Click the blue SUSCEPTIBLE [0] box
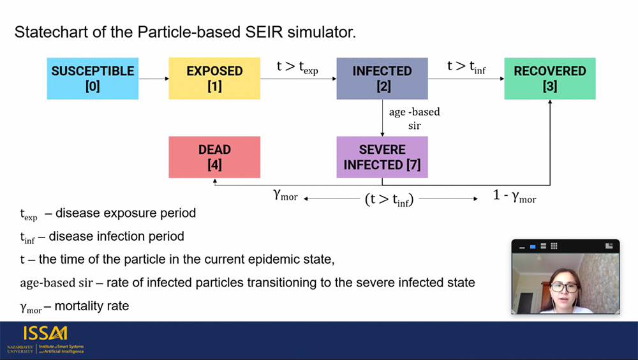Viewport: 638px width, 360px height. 93,79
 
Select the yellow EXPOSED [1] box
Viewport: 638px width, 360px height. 214,79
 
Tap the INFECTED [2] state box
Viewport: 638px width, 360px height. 382,79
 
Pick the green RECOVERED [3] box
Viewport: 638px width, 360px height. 550,79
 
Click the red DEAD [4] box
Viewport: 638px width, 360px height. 214,157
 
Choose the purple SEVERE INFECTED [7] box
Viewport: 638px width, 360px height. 382,157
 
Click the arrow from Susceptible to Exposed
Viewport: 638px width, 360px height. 154,79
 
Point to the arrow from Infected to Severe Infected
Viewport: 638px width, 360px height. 382,118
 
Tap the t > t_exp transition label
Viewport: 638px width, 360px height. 297,67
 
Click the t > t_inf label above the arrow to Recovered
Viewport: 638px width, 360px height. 466,67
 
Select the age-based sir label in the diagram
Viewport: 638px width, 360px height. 414,119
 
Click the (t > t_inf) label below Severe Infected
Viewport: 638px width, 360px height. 389,200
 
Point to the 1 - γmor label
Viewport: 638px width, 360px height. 514,197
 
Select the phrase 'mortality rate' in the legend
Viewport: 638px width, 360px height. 91,306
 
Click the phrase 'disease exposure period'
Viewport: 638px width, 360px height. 126,213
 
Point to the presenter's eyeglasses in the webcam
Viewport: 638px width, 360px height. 565,287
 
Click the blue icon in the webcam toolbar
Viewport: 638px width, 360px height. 533,246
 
